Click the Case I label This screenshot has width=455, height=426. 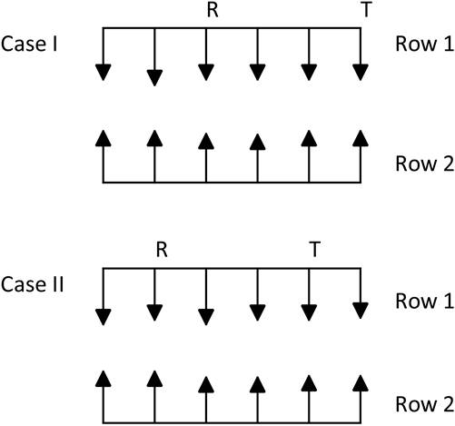(29, 45)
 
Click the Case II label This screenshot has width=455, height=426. (33, 284)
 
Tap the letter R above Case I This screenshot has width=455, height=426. (213, 10)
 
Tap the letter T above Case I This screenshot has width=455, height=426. (366, 10)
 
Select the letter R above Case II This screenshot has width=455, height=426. (162, 250)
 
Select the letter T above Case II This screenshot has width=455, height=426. (315, 250)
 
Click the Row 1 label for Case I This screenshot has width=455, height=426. (425, 45)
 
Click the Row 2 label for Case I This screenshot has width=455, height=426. (425, 163)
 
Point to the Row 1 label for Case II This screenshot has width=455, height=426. (425, 302)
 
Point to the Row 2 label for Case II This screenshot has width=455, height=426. (425, 404)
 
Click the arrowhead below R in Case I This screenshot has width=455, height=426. (206, 73)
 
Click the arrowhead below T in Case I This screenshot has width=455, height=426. (361, 73)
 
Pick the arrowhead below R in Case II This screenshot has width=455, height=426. (154, 312)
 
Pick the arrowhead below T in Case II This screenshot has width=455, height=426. (309, 312)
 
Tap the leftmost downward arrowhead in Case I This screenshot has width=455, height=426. (104, 73)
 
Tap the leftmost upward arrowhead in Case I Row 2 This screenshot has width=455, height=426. (104, 138)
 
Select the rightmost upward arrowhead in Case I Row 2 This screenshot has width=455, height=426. (361, 138)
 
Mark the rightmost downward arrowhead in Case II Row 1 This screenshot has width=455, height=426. (361, 311)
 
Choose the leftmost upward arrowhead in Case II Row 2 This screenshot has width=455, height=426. (104, 379)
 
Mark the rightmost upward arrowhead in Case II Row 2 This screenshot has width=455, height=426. (361, 383)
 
